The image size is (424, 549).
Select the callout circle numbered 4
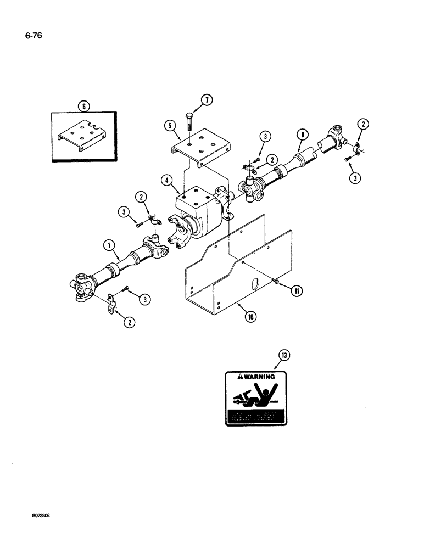166,179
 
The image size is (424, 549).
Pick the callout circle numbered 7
191,99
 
